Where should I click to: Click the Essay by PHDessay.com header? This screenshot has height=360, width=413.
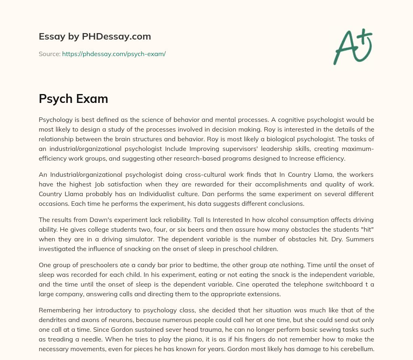point(95,37)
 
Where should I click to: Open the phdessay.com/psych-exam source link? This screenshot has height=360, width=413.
point(114,54)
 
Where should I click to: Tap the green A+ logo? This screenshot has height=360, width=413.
point(352,46)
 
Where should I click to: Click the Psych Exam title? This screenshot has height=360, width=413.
point(73,98)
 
